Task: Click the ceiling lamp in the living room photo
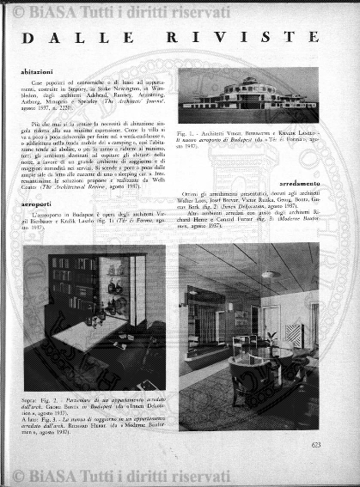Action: click(x=271, y=274)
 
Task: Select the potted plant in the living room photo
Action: click(x=272, y=340)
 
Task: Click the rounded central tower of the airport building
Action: click(x=250, y=85)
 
